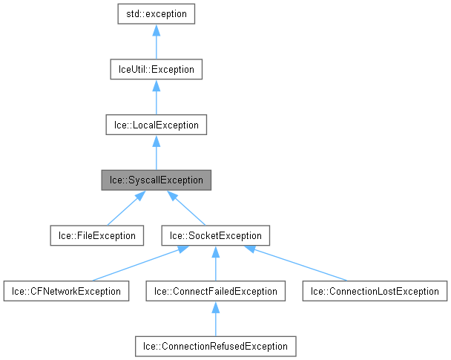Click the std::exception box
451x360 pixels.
[x=156, y=14]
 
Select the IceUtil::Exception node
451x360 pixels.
[x=156, y=70]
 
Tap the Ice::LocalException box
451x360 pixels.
[x=156, y=125]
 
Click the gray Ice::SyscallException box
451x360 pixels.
[x=156, y=180]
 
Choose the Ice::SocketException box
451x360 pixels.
[x=215, y=236]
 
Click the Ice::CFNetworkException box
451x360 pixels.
[x=65, y=291]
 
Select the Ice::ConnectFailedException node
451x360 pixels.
[x=215, y=291]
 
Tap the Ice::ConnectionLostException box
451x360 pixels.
[x=375, y=291]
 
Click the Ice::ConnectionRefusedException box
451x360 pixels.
[x=215, y=346]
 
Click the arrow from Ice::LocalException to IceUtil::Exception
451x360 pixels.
[x=156, y=97]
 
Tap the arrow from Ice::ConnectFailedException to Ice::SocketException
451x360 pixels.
[x=215, y=264]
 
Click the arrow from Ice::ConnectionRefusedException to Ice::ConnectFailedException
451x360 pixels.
[x=215, y=319]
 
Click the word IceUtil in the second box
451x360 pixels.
[x=126, y=70]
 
